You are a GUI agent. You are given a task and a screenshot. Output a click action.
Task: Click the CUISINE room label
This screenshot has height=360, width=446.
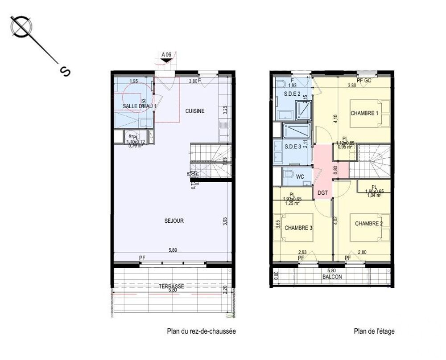pos(195,111)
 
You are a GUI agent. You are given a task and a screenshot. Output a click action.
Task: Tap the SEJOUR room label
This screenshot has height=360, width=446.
pos(174,221)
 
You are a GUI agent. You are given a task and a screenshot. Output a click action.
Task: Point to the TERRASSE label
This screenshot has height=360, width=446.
pos(171,286)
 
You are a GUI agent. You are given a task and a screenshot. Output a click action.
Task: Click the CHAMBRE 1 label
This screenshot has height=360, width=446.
pos(364,113)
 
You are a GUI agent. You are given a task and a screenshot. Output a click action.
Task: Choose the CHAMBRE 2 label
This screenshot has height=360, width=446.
pos(369,224)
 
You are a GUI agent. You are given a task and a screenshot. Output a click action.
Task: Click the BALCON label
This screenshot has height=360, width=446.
pos(332,277)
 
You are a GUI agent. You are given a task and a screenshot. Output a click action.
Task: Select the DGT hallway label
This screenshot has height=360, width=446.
pos(323,193)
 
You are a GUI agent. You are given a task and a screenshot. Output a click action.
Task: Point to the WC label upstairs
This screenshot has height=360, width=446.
pos(300,177)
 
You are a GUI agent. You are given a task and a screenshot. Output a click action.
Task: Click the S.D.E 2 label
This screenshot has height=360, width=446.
pos(292,94)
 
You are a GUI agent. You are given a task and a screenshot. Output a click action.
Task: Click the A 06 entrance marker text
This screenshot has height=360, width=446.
pos(166,55)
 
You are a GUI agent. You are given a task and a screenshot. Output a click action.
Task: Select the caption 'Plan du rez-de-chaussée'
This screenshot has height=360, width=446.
pos(201,331)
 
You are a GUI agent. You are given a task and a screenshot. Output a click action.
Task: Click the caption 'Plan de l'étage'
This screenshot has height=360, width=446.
pos(374,331)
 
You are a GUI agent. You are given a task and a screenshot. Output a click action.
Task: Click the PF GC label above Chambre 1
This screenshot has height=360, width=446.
pos(364,80)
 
